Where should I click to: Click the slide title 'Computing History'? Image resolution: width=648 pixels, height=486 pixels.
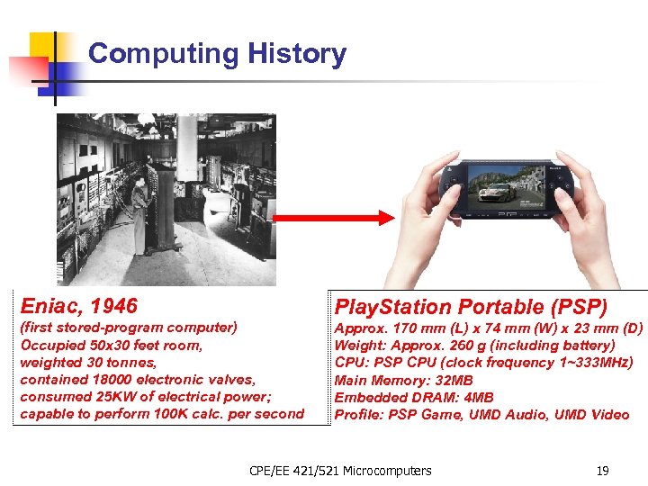(217, 54)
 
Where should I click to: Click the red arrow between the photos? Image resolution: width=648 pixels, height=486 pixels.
(334, 218)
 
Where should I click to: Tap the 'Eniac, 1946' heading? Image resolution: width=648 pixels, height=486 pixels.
(79, 306)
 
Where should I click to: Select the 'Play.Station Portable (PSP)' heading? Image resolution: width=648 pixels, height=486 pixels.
(471, 307)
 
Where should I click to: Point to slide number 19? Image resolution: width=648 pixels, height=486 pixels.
(604, 470)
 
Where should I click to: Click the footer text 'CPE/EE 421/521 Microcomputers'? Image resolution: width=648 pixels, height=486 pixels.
(340, 470)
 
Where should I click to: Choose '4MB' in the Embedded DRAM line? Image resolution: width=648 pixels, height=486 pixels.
(479, 397)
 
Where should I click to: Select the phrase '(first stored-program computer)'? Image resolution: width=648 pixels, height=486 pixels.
(129, 328)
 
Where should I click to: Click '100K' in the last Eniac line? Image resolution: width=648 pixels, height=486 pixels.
(174, 414)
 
